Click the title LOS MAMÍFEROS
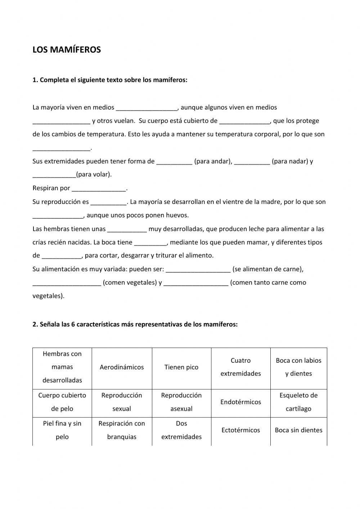click(x=67, y=50)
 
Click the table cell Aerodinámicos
click(x=122, y=367)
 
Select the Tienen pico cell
click(x=181, y=367)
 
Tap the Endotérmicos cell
click(x=240, y=402)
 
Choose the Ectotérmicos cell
click(x=240, y=430)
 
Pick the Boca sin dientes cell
click(x=298, y=430)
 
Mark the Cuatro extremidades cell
click(x=240, y=367)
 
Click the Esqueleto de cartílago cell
click(x=298, y=402)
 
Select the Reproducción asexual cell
click(x=181, y=402)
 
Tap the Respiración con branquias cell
click(x=122, y=430)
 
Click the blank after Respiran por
click(x=99, y=189)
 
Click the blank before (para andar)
click(x=174, y=162)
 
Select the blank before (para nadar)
click(x=252, y=162)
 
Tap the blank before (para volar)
click(x=54, y=175)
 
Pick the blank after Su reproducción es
click(x=108, y=202)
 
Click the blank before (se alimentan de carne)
click(x=198, y=270)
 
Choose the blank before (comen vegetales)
click(x=67, y=283)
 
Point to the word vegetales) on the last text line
click(x=48, y=296)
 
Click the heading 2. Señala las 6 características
click(x=135, y=324)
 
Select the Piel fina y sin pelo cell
click(x=62, y=430)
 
